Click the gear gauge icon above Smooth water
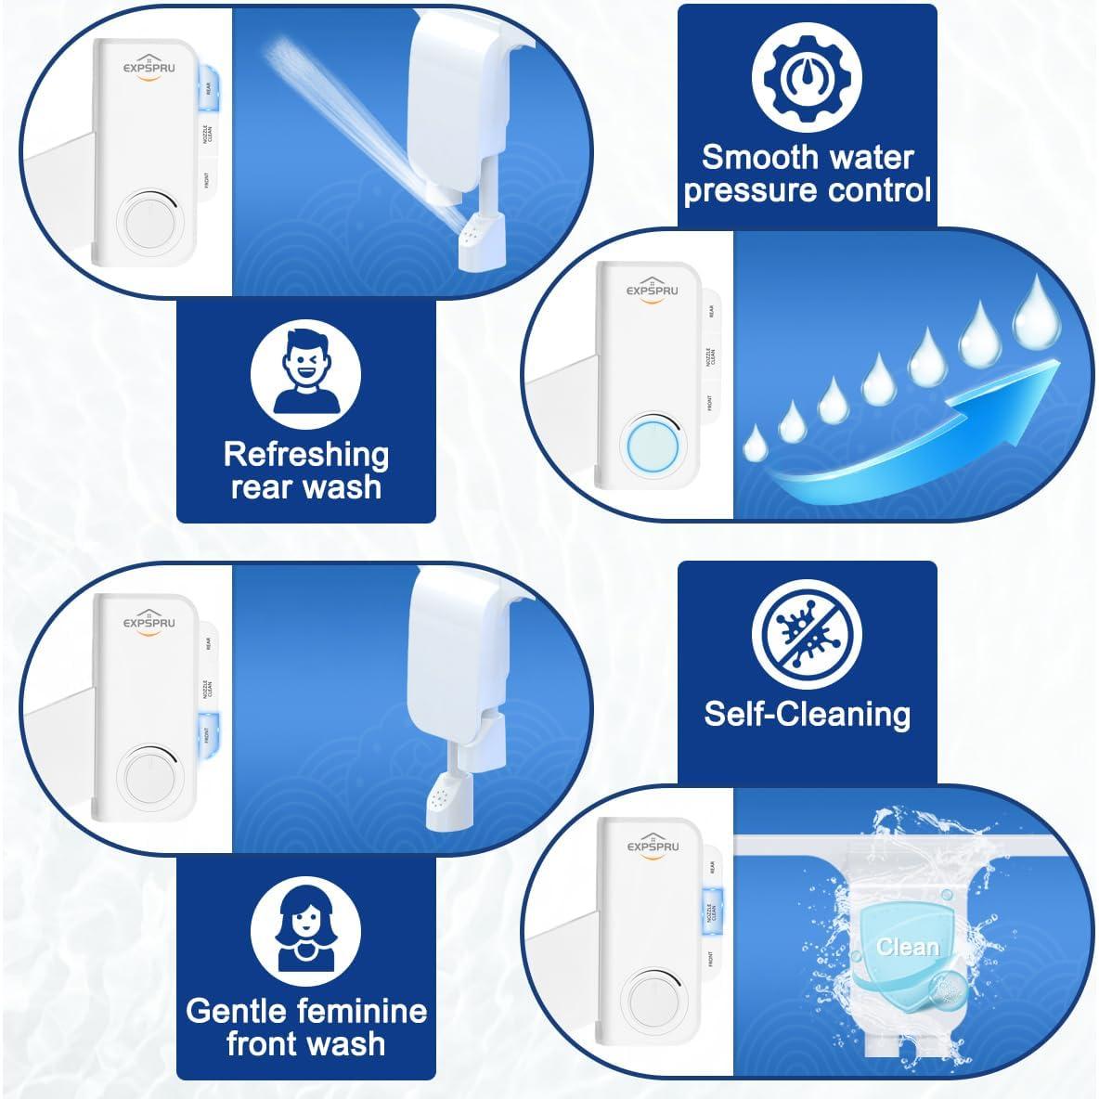pos(807,78)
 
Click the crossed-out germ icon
pos(807,635)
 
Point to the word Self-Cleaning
pos(807,714)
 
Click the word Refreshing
pos(305,454)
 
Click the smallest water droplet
pos(757,440)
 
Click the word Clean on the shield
pos(907,947)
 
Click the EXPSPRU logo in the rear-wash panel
pos(149,68)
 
